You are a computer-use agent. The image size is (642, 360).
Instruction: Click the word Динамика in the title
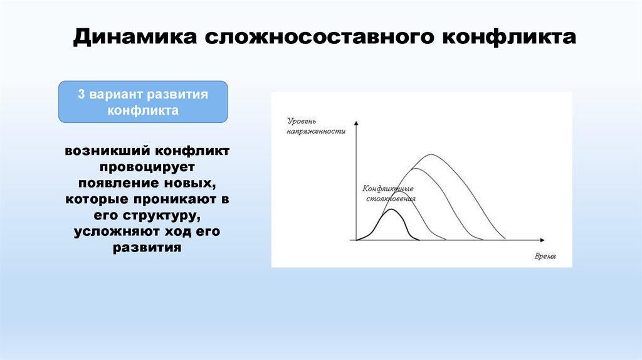coord(135,37)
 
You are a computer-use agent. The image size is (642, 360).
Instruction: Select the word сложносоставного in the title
coord(319,37)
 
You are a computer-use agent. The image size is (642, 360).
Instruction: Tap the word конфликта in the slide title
coord(509,37)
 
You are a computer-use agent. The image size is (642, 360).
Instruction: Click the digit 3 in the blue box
coord(82,94)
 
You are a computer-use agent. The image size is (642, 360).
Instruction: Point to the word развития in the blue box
coord(177,95)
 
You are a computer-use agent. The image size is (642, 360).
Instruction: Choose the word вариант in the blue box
coord(115,95)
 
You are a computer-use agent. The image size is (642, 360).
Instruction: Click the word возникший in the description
coord(107,151)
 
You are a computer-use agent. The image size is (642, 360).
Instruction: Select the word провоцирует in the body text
coord(147,167)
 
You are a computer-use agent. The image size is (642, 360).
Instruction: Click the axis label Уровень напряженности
coord(316,126)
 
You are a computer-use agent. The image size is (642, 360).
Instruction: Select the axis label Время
coord(545,257)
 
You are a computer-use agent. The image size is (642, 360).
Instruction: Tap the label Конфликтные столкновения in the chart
coord(389,194)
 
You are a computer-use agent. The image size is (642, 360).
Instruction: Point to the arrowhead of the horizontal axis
coord(542,240)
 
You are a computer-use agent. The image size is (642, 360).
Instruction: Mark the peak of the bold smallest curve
coord(392,209)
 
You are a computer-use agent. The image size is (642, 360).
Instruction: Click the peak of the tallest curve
coord(431,154)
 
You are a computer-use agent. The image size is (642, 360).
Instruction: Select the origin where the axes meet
coord(356,240)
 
